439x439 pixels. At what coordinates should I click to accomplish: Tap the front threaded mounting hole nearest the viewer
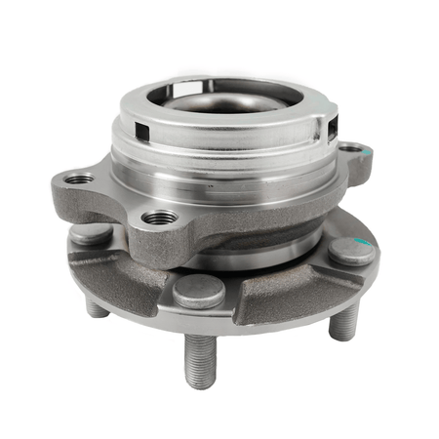[x=159, y=218]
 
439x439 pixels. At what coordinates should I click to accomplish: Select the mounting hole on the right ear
[x=350, y=150]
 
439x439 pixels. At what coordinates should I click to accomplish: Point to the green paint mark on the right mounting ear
[x=368, y=152]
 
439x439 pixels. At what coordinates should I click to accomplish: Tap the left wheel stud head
[x=91, y=234]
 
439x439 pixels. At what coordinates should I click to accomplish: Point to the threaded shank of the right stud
[x=344, y=319]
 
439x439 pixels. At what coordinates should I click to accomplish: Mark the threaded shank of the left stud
[x=96, y=306]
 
